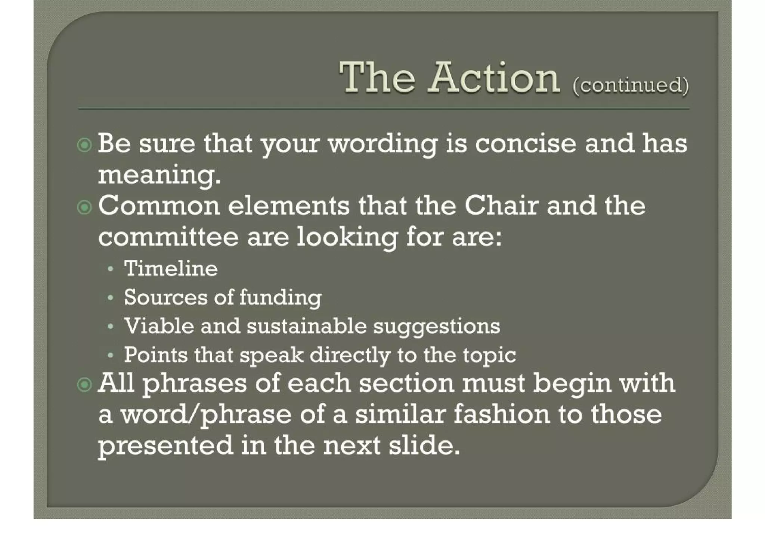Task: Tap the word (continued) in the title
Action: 631,85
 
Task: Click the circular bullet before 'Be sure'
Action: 84,145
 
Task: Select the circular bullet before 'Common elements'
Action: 84,207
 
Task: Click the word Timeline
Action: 171,269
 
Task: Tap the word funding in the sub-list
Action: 280,298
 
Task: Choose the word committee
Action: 168,237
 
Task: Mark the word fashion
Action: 502,415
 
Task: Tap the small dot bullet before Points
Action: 110,356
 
